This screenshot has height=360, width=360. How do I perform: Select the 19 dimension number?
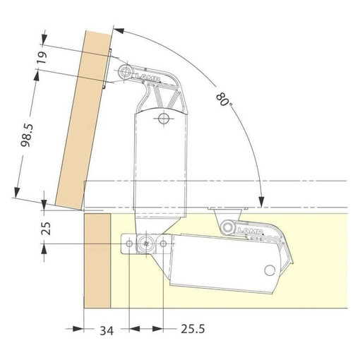click(42, 58)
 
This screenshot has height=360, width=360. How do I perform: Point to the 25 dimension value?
click(46, 228)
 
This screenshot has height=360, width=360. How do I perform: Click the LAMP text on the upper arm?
click(148, 77)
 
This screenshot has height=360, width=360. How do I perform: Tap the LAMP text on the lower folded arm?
click(250, 230)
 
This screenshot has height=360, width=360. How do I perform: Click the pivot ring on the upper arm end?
click(125, 71)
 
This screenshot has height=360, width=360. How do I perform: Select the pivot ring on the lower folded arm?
click(227, 227)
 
